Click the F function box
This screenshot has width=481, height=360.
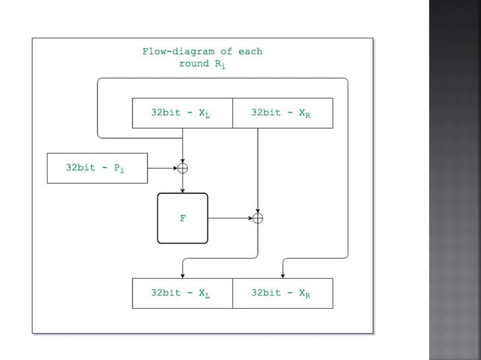coord(182,218)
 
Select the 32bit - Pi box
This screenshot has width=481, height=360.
coord(96,168)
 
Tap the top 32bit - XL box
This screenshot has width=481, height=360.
coord(182,113)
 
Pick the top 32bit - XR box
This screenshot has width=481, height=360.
coord(282,113)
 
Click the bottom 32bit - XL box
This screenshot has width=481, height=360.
coord(182,293)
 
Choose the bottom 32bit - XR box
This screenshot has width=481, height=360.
coord(282,293)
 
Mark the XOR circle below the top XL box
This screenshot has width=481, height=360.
coord(182,168)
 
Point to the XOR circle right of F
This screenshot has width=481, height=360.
coord(258,218)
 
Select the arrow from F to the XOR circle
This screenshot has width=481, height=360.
coord(229,218)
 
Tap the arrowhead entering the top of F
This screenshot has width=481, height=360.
coord(182,190)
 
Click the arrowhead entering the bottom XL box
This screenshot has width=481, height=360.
coord(182,275)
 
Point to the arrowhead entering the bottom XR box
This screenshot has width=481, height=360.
coord(282,275)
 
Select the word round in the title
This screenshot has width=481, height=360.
coord(194,64)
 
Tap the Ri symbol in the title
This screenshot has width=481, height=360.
coord(219,65)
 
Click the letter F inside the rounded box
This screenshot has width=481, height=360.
coord(182,218)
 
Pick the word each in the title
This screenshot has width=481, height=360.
coord(250,52)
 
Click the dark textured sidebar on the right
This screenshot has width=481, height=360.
coord(455,180)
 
